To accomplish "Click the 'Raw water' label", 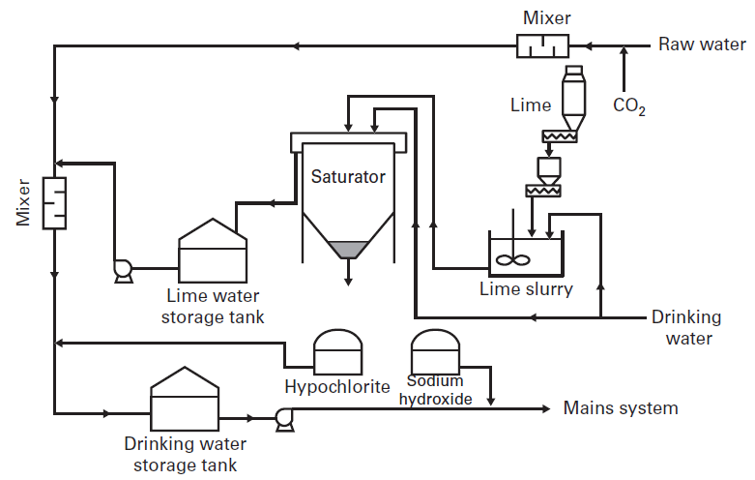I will coord(702,45).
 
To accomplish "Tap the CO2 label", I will coord(629,105).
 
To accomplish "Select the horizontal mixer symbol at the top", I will coord(542,45).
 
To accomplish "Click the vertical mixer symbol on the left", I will coord(55,202).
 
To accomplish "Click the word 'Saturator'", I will coord(348,177).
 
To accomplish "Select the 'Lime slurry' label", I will coord(526,289).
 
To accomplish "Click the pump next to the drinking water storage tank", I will coord(283,417).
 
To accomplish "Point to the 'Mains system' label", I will coord(621,407).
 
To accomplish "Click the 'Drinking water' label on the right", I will coord(685,327).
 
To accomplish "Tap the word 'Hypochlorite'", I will coord(337,387).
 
